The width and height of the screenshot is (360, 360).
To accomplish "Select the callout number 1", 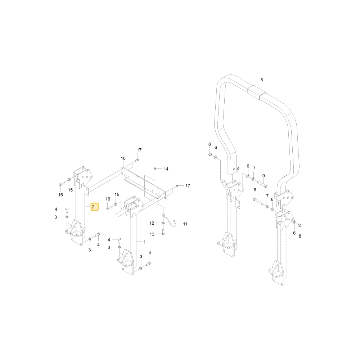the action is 144,242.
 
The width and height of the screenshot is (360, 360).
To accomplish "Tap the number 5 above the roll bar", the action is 262,80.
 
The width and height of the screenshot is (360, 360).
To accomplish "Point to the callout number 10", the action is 123,158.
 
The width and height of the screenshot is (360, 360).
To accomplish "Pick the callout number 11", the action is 185,224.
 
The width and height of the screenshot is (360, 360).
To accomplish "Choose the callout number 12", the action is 152,223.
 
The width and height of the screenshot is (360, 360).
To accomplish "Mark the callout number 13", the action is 152,234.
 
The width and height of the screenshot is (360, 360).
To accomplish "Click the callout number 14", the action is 166,169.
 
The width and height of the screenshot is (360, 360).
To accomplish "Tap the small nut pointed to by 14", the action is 155,169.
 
